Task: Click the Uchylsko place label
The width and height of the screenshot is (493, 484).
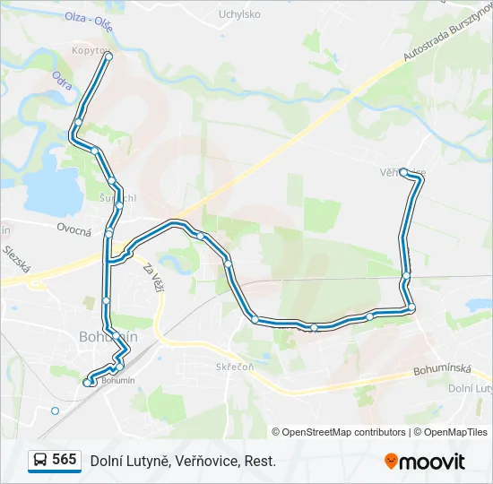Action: pyautogui.click(x=239, y=14)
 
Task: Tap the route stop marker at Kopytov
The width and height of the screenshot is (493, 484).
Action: pyautogui.click(x=108, y=56)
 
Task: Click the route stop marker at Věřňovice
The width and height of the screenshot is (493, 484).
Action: pyautogui.click(x=403, y=171)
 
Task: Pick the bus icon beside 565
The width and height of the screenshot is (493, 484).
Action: pyautogui.click(x=40, y=461)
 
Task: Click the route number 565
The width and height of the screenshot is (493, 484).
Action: pyautogui.click(x=65, y=460)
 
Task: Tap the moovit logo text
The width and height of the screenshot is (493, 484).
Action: pyautogui.click(x=433, y=462)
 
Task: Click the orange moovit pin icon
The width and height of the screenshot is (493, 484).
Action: pyautogui.click(x=391, y=462)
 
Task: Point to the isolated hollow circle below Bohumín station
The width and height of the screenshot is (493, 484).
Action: pyautogui.click(x=55, y=411)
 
